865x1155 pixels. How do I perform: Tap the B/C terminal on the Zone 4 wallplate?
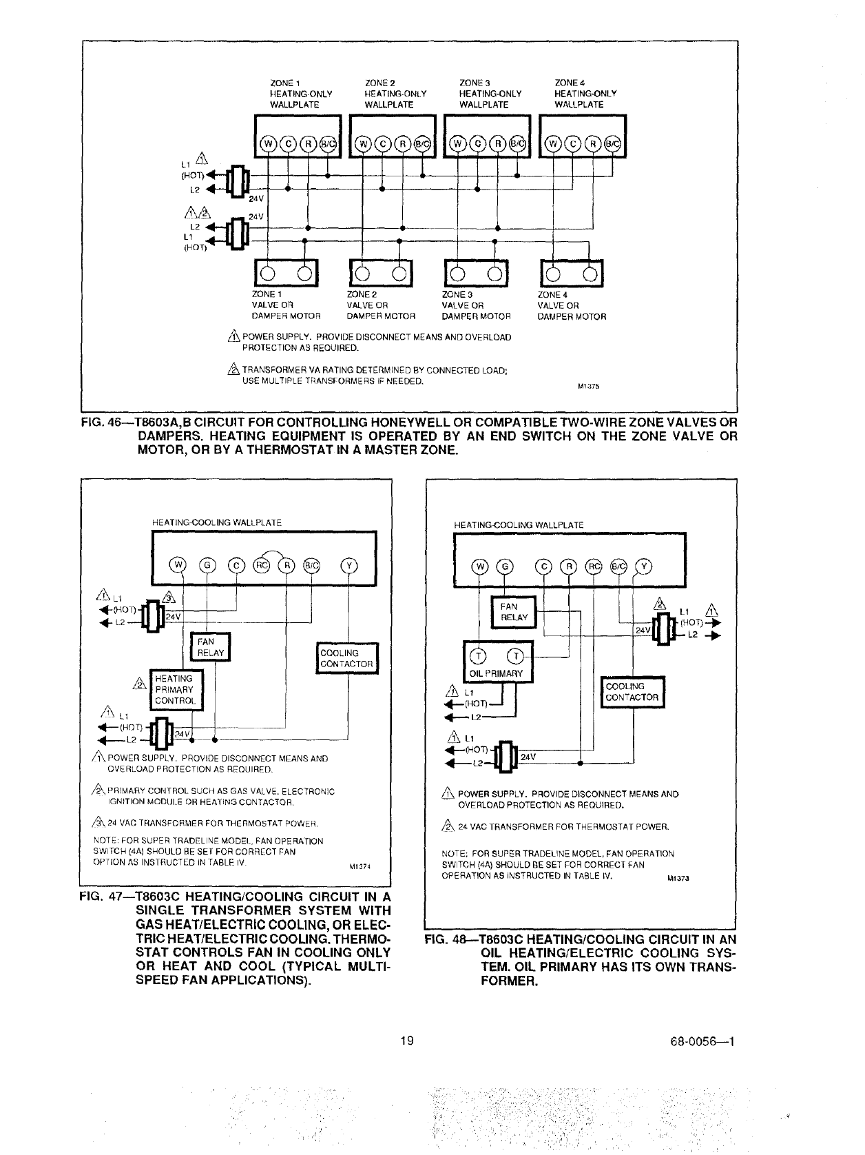point(612,143)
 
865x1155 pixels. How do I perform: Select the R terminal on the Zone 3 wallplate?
point(494,143)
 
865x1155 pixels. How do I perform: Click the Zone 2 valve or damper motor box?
point(380,274)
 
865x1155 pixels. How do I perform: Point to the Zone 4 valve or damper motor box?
point(572,274)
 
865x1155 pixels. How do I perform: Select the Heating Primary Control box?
point(176,689)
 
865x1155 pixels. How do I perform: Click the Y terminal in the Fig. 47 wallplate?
point(349,566)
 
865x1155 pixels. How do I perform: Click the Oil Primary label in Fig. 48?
point(496,673)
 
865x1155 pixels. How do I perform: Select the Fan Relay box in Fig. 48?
point(513,612)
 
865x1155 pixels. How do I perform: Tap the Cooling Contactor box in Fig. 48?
point(632,691)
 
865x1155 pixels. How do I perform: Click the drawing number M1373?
point(679,879)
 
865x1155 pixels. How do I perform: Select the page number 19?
point(407,1041)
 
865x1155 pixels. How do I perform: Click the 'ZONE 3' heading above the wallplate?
point(474,83)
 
